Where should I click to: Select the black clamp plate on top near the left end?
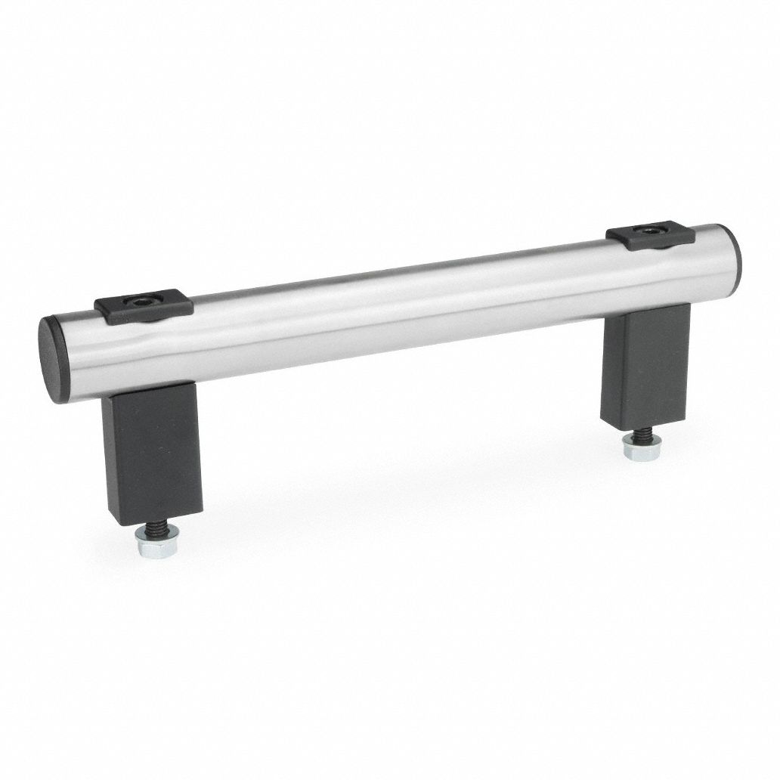click(144, 308)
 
